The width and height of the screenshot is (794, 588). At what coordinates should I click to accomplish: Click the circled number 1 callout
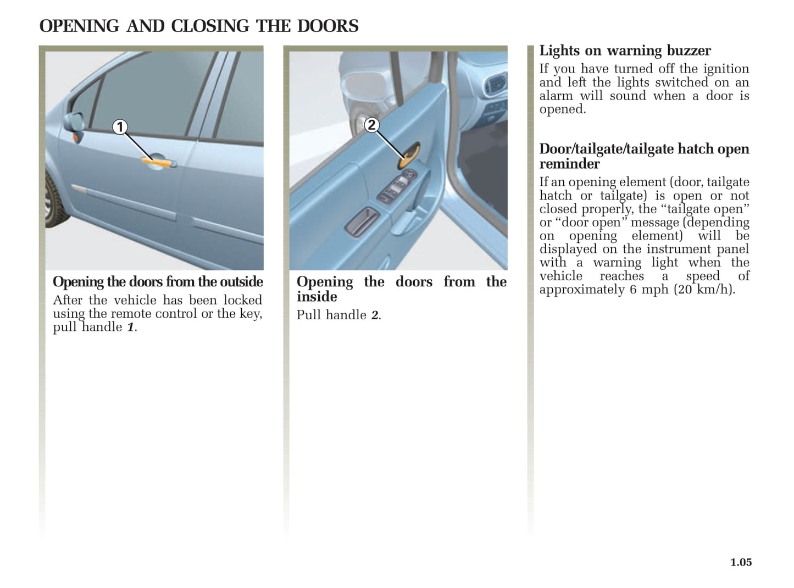(x=120, y=127)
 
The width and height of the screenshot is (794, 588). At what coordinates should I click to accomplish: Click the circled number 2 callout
(x=371, y=125)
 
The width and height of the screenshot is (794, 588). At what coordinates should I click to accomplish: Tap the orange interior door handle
(x=410, y=156)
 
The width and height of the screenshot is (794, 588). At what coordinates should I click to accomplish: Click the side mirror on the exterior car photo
(x=74, y=122)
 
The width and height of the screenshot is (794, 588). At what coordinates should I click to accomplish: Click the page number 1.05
(x=741, y=562)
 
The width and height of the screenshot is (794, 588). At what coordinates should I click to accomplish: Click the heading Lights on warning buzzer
(x=625, y=51)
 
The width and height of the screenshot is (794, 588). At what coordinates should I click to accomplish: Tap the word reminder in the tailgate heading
(x=569, y=164)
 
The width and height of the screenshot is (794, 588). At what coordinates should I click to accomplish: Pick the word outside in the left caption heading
(x=241, y=282)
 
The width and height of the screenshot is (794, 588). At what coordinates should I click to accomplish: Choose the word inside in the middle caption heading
(x=317, y=297)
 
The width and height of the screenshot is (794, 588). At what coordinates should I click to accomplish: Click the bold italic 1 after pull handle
(x=130, y=328)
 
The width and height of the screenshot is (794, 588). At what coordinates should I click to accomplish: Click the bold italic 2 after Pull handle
(x=374, y=315)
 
